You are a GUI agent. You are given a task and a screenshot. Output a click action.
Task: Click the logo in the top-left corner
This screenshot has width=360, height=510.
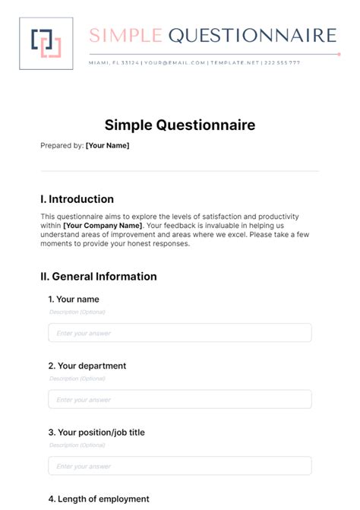coord(46,43)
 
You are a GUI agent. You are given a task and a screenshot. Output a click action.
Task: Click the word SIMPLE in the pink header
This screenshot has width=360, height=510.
coord(125,35)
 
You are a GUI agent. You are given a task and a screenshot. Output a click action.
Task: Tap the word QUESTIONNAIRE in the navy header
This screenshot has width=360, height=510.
coord(251,35)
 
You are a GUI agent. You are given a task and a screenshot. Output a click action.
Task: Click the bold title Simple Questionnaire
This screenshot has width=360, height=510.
coord(180,125)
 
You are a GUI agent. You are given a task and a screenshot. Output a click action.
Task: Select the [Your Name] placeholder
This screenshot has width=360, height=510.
coord(107,145)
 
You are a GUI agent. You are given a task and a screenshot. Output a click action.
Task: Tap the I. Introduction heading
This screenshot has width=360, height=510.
coord(77,199)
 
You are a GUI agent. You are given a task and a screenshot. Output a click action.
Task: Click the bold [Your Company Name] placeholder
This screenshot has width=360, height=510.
coord(103,226)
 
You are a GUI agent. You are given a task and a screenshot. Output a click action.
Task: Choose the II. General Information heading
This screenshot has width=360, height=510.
coord(99,277)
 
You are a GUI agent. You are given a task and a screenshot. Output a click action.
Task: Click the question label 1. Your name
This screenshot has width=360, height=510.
coord(74,299)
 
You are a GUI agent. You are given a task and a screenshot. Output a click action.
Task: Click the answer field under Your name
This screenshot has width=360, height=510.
coord(179,333)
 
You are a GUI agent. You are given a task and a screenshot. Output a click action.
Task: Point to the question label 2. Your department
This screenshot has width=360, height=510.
coord(87,366)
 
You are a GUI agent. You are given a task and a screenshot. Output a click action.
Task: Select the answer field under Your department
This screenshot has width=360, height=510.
coord(179,400)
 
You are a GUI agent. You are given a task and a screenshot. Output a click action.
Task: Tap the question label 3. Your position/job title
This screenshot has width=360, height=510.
coord(96,432)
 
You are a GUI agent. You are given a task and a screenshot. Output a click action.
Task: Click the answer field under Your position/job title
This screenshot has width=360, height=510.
coord(179,466)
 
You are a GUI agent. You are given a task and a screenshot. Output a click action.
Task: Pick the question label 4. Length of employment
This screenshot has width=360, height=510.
coord(98,499)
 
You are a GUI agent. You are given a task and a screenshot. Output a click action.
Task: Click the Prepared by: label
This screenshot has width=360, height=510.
coord(62,145)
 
